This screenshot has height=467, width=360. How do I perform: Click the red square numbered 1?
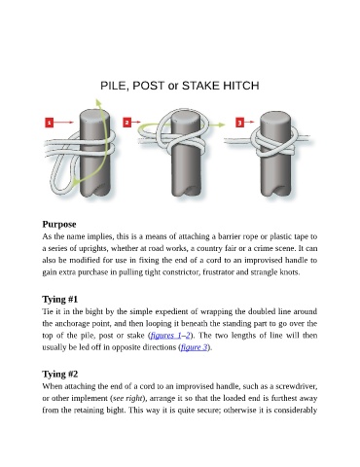[x=49, y=123]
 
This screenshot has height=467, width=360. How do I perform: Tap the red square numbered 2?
[x=127, y=123]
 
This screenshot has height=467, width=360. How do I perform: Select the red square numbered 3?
[x=239, y=123]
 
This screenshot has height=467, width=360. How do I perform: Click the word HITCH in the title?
[x=241, y=86]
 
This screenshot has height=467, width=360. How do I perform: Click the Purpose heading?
[x=59, y=224]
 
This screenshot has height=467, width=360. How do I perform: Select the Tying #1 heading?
[x=60, y=299]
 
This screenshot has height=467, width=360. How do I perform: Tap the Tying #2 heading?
[x=60, y=374]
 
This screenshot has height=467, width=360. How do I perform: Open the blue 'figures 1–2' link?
[x=170, y=336]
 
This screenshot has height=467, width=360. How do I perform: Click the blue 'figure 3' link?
[x=194, y=347]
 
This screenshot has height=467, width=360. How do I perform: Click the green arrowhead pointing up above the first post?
[x=98, y=101]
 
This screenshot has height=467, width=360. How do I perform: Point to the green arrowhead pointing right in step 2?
[x=221, y=125]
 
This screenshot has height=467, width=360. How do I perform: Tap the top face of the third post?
[x=275, y=118]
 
